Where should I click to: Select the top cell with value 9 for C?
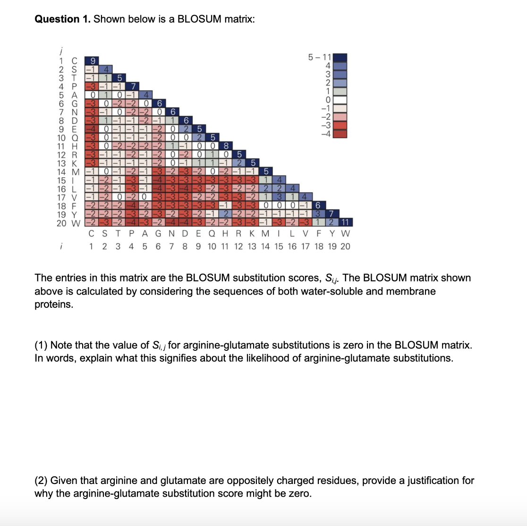93,60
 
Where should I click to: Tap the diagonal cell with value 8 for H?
226,145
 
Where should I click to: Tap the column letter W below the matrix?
345,233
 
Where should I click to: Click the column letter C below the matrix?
92,233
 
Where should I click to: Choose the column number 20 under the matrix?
345,246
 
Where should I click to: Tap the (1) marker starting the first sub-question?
41,345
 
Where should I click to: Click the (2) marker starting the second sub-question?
41,480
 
